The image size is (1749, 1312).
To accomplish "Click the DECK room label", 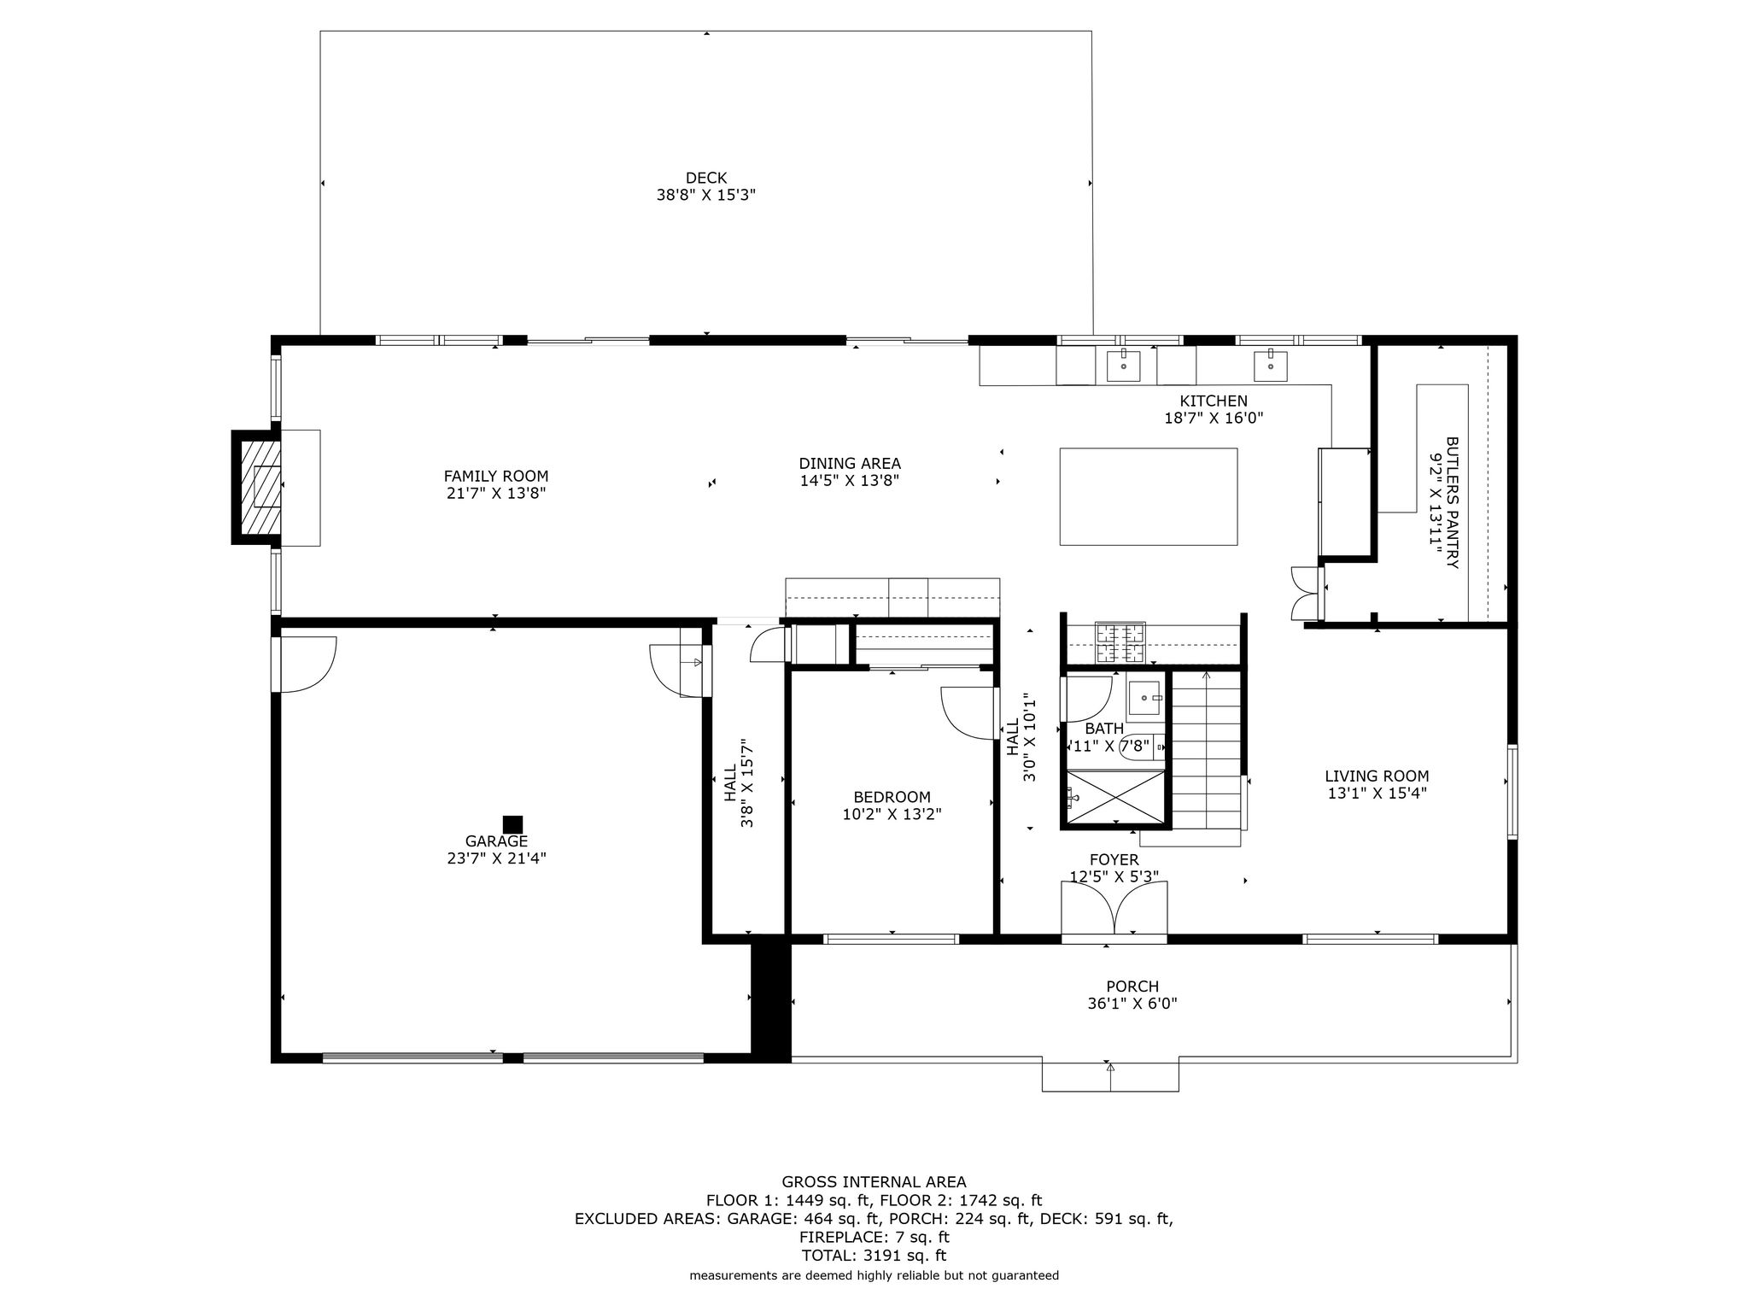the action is click(x=706, y=178).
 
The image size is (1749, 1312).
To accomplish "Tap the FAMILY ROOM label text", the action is click(x=496, y=477).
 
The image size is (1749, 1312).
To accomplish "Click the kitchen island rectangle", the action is click(x=1149, y=496).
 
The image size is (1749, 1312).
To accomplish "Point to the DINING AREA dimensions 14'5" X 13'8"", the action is click(x=850, y=481).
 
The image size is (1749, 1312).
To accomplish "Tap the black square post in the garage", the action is click(x=512, y=824).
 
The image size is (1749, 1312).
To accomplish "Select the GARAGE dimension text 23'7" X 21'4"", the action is click(x=496, y=858).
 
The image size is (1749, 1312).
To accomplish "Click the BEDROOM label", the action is click(x=892, y=797).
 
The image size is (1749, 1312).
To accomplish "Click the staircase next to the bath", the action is click(x=1205, y=750).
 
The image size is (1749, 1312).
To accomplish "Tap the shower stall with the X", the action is click(x=1114, y=799).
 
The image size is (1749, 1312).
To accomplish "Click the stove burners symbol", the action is click(x=1120, y=644).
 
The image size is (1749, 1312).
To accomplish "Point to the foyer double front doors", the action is click(x=1114, y=910).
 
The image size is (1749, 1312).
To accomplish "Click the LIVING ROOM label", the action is click(x=1377, y=776).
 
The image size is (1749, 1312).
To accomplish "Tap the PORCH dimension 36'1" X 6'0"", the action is click(x=1132, y=1004).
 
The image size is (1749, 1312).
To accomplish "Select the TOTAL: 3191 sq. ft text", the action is click(x=874, y=1256).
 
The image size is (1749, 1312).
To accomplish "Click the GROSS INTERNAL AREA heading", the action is click(x=874, y=1182).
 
